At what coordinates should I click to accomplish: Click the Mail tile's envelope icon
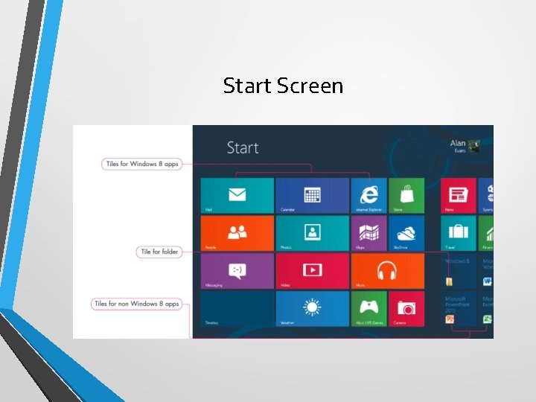click(x=237, y=195)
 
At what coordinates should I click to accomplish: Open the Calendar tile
click(x=312, y=195)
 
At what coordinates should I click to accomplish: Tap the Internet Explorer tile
click(x=368, y=195)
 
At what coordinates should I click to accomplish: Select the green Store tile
click(x=406, y=195)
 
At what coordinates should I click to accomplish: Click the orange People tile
click(x=237, y=233)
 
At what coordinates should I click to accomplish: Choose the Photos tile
click(x=312, y=233)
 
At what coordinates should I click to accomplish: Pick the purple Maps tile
click(x=368, y=233)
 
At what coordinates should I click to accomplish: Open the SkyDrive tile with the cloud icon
click(x=406, y=233)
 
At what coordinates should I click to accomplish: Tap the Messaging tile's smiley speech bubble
click(x=237, y=270)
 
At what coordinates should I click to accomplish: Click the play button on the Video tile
click(x=312, y=270)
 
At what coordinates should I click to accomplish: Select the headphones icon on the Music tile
click(x=386, y=269)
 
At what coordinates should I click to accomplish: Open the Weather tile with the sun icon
click(x=312, y=308)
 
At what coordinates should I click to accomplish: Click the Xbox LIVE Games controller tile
click(x=368, y=308)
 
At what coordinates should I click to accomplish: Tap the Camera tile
click(x=406, y=308)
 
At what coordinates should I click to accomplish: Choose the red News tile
click(x=458, y=195)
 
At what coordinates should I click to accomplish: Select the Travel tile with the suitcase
click(x=458, y=232)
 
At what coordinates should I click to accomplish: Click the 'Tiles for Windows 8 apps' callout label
click(x=142, y=164)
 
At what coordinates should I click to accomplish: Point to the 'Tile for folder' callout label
click(x=159, y=252)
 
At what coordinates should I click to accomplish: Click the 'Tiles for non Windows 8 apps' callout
click(x=136, y=304)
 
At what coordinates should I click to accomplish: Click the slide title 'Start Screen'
click(x=283, y=86)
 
